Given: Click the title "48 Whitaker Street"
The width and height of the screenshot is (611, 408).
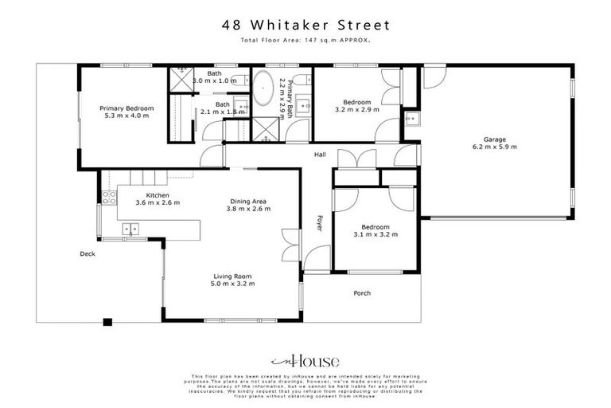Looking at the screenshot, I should click(x=305, y=25).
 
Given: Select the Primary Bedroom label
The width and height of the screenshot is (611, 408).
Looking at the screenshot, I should click(x=126, y=108).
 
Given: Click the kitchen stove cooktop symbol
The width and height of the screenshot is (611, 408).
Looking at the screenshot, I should click(x=109, y=195).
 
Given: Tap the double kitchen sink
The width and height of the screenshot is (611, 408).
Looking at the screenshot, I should click(x=130, y=229).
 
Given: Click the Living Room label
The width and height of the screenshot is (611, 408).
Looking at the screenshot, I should click(x=232, y=276).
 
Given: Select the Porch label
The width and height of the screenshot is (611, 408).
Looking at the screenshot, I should click(x=361, y=293).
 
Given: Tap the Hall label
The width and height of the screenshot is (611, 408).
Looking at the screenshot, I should click(x=320, y=154).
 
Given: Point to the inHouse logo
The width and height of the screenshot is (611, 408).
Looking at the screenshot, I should click(x=305, y=359).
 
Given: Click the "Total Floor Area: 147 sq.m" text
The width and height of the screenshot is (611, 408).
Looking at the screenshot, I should click(x=305, y=39).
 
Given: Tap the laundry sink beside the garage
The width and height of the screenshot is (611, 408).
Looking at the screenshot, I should click(x=410, y=120).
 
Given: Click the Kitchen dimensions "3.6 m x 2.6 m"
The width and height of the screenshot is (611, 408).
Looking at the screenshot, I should click(x=157, y=202).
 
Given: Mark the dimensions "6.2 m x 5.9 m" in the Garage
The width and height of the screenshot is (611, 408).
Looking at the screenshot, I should click(x=494, y=147).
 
